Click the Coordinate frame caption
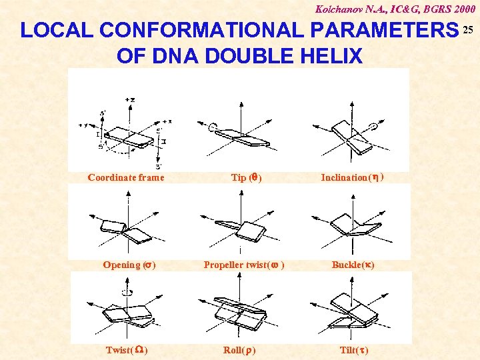pyautogui.click(x=126, y=178)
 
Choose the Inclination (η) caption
pyautogui.click(x=352, y=178)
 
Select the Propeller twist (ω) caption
pyautogui.click(x=245, y=265)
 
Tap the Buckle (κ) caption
pyautogui.click(x=353, y=265)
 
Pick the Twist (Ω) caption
pyautogui.click(x=127, y=350)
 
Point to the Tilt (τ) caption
pyautogui.click(x=354, y=350)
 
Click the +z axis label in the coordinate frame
pyautogui.click(x=129, y=99)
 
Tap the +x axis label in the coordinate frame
pyautogui.click(x=167, y=121)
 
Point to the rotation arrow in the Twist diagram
pyautogui.click(x=127, y=291)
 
